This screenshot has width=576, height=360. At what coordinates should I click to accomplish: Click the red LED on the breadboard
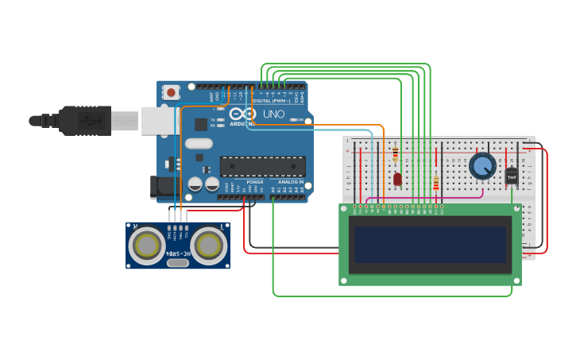(x=397, y=179)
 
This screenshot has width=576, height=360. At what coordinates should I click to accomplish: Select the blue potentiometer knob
(x=481, y=166)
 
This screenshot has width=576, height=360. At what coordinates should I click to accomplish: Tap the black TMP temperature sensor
(x=512, y=176)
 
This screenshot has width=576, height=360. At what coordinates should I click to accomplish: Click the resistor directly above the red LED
(x=395, y=154)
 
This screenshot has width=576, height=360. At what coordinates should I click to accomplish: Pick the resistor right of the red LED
(x=435, y=184)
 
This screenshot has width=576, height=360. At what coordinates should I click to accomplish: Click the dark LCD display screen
(x=430, y=244)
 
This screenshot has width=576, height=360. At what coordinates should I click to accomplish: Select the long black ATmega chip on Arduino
(x=263, y=166)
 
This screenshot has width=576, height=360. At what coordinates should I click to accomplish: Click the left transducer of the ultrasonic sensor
(x=148, y=246)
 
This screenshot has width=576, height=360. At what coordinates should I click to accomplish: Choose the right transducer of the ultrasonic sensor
(x=207, y=246)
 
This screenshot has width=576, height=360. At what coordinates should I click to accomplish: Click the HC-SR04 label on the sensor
(x=178, y=254)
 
